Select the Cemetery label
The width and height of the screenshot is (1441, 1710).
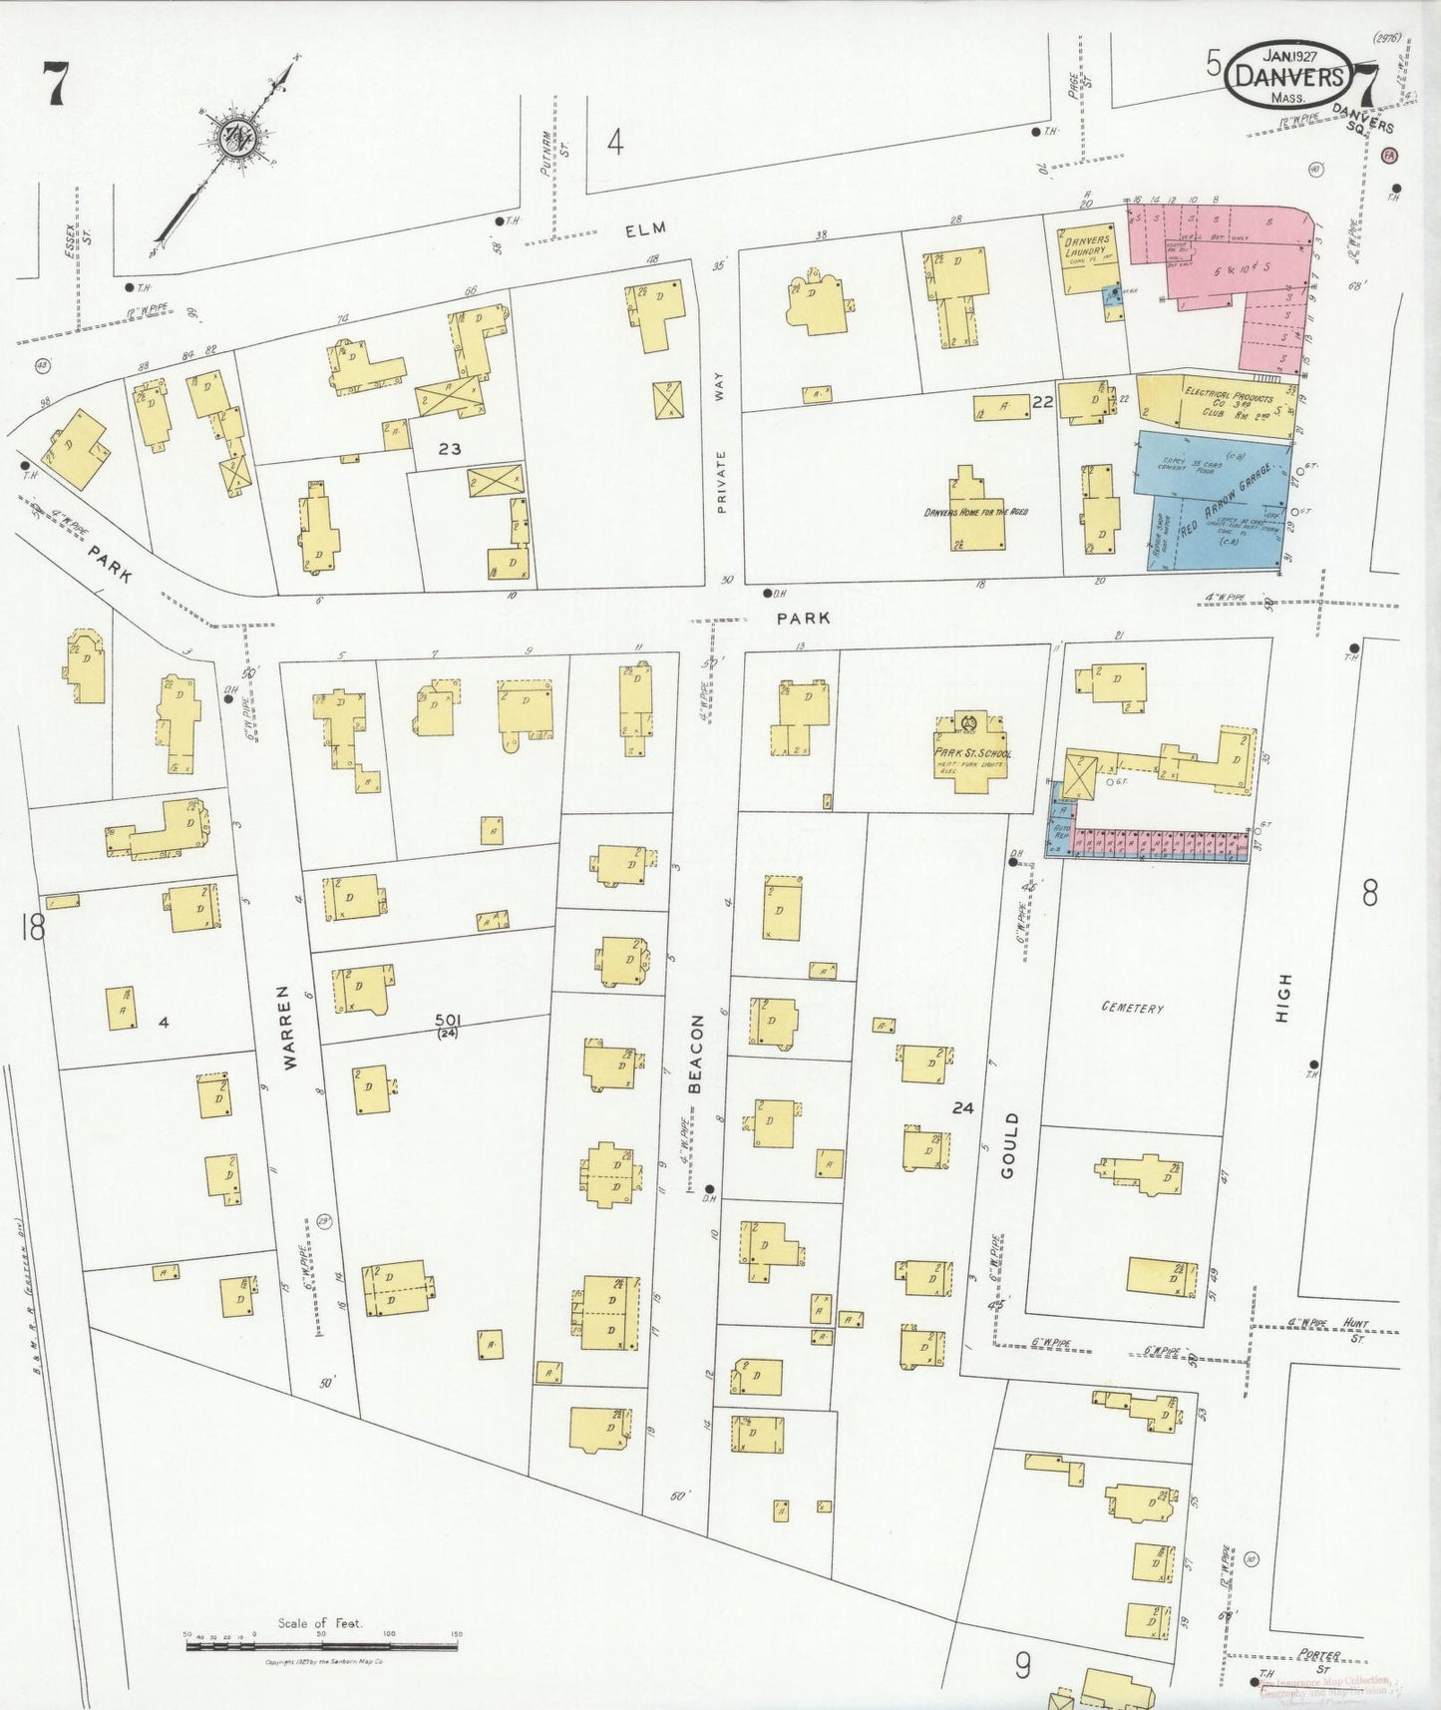pos(1132,1008)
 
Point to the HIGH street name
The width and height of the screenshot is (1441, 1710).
pos(1283,999)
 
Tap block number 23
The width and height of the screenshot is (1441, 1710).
pos(450,449)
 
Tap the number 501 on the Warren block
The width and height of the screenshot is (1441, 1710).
pos(448,1019)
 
